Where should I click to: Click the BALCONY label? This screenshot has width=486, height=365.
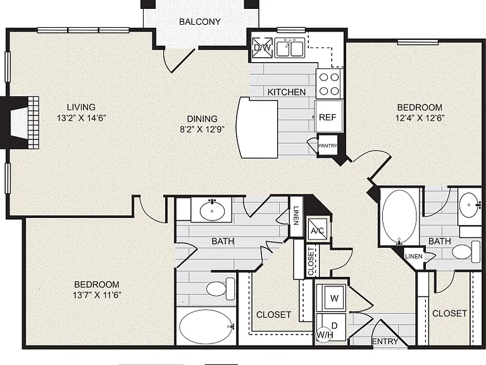[x=200, y=22]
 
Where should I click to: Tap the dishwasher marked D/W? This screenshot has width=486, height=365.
[x=262, y=48]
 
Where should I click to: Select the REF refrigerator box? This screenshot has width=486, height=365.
[x=328, y=117]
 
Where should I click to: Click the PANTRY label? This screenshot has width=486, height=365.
[x=328, y=146]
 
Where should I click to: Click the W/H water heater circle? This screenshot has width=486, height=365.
[x=324, y=335]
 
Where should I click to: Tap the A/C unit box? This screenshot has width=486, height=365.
[x=317, y=230]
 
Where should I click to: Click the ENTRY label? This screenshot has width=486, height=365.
[x=385, y=342]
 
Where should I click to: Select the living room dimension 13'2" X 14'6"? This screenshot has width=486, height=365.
[x=82, y=118]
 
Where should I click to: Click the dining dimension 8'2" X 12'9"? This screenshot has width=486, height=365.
[x=202, y=129]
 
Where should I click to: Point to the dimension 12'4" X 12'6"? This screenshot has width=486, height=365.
[x=420, y=118]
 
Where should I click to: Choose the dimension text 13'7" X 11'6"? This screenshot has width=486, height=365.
[x=97, y=295]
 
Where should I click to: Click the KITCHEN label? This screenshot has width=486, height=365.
[x=287, y=92]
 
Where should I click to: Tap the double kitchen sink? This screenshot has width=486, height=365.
[x=290, y=48]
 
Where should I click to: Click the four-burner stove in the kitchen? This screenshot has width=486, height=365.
[x=329, y=84]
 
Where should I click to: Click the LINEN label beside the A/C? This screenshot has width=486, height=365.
[x=296, y=215]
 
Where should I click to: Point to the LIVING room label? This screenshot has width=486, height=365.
[x=81, y=107]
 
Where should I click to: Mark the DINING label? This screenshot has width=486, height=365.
[x=202, y=119]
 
